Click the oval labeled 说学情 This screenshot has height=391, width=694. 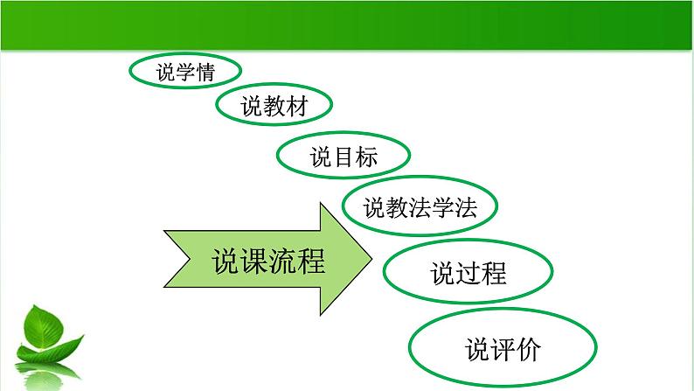point(184,72)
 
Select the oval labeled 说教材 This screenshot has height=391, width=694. point(274,106)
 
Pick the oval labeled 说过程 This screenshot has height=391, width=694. point(468,274)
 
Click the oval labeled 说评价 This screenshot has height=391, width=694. point(503,350)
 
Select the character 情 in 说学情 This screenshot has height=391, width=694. point(205,73)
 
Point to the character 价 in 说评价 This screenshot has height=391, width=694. point(528,351)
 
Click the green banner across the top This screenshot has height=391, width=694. point(347,24)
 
